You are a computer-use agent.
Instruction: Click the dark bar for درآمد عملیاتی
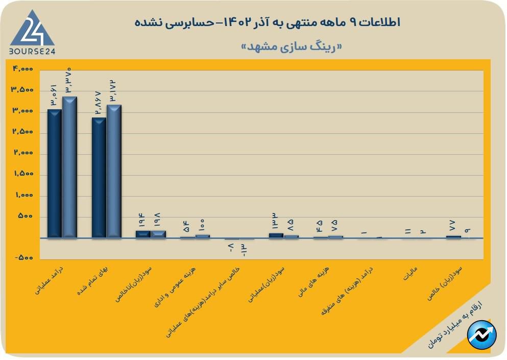point(54,174)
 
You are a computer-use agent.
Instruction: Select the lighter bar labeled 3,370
point(69,167)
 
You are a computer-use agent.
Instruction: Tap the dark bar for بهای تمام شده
point(99,178)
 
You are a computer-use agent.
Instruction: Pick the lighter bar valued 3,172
point(114,172)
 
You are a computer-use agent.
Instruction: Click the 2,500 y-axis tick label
point(22,132)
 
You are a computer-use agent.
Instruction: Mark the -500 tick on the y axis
point(23,258)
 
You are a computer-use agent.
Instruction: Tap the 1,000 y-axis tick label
point(22,195)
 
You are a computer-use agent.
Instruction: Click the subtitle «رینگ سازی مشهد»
point(292,46)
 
